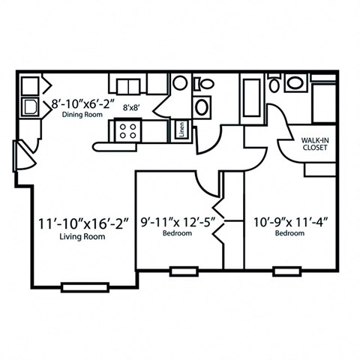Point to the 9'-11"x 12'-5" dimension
point(178,223)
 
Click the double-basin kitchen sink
point(124,83)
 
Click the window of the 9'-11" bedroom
point(181,270)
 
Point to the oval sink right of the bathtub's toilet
point(294,84)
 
